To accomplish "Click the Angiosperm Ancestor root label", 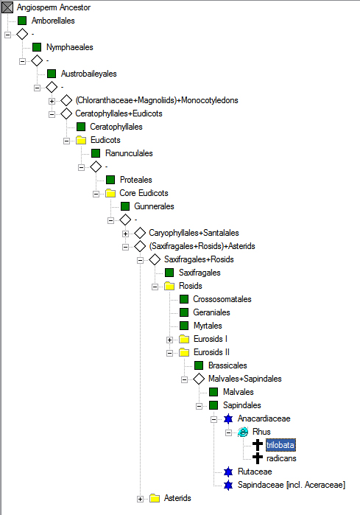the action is click(54, 7).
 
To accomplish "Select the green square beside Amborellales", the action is click(22, 21).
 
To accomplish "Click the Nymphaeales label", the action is click(70, 47).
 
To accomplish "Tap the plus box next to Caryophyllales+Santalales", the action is click(125, 234).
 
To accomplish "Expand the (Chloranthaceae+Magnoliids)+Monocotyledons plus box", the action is click(52, 101).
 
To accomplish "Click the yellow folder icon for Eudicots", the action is click(81, 140).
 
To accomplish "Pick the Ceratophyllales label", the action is click(116, 127).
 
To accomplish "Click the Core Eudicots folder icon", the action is click(110, 193).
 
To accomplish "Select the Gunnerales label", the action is click(154, 206).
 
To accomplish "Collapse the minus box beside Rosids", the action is click(155, 287).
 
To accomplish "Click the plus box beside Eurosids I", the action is click(169, 340).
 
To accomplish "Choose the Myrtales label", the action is click(208, 326).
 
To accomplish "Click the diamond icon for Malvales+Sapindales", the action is click(199, 379).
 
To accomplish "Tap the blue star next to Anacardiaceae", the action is click(228, 418).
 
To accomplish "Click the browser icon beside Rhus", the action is click(243, 432).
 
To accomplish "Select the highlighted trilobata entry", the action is click(280, 445).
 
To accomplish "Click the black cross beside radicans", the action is click(258, 458).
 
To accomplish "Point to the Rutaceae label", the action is click(255, 472).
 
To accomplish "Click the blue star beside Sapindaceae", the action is click(228, 485).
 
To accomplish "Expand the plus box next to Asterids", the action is click(140, 500).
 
